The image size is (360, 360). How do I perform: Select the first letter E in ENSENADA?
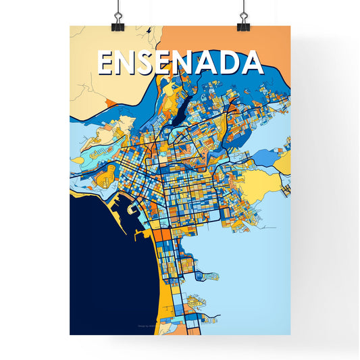tap(107, 63)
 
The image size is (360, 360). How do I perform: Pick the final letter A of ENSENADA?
tap(251, 63)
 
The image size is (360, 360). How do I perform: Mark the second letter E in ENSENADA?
tap(168, 63)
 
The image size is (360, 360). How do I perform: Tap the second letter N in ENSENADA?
tap(189, 63)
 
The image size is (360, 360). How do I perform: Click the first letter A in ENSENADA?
tap(209, 63)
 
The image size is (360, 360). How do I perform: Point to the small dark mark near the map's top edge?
tap(148, 30)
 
